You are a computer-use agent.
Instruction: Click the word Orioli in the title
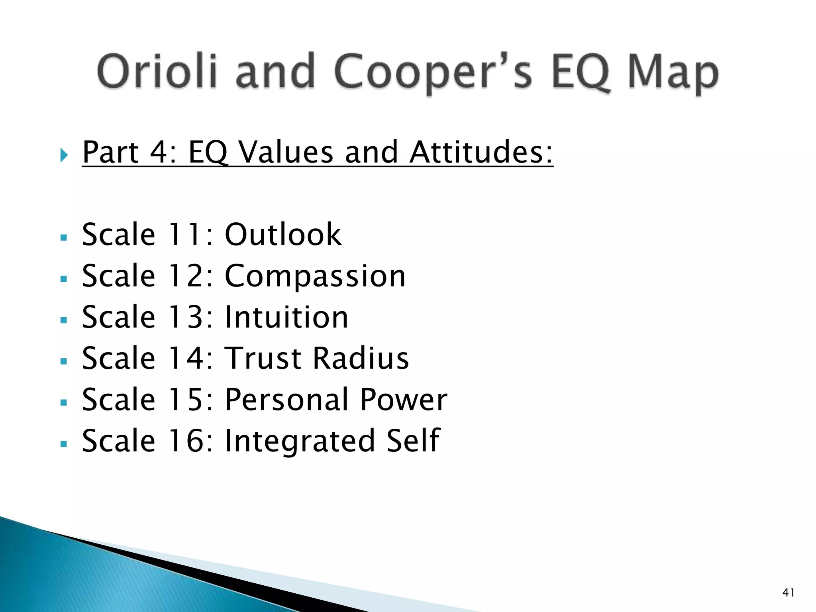(x=157, y=72)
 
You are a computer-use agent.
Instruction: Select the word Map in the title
(x=673, y=74)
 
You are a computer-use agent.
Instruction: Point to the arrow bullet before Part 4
(x=64, y=155)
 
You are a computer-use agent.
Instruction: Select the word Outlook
(x=283, y=234)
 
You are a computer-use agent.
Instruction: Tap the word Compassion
(x=315, y=277)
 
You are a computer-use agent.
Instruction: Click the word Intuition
(x=286, y=318)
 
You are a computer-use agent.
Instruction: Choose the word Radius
(x=361, y=359)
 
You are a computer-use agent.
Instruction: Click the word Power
(x=404, y=400)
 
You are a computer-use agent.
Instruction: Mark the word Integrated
(x=300, y=441)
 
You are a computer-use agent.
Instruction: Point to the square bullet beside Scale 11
(x=63, y=238)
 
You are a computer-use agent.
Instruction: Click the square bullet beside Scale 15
(x=63, y=403)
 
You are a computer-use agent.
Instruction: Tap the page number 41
(x=788, y=593)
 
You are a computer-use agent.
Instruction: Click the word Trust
(x=263, y=359)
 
